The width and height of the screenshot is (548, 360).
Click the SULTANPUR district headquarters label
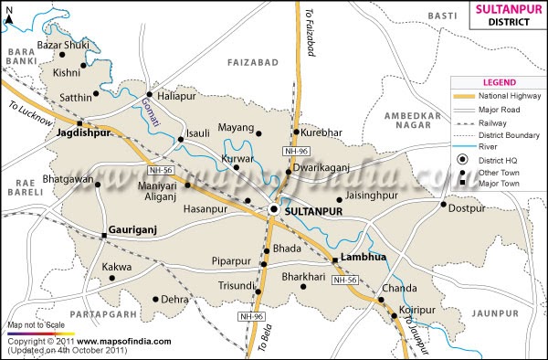pyautogui.click(x=311, y=211)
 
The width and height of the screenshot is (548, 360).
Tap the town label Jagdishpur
pyautogui.click(x=83, y=132)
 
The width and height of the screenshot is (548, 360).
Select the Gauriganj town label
pyautogui.click(x=135, y=222)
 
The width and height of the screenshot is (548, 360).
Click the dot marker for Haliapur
pyautogui.click(x=149, y=94)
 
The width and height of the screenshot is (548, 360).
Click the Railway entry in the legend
pyautogui.click(x=499, y=122)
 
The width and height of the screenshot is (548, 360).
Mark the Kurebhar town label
pyautogui.click(x=323, y=132)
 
